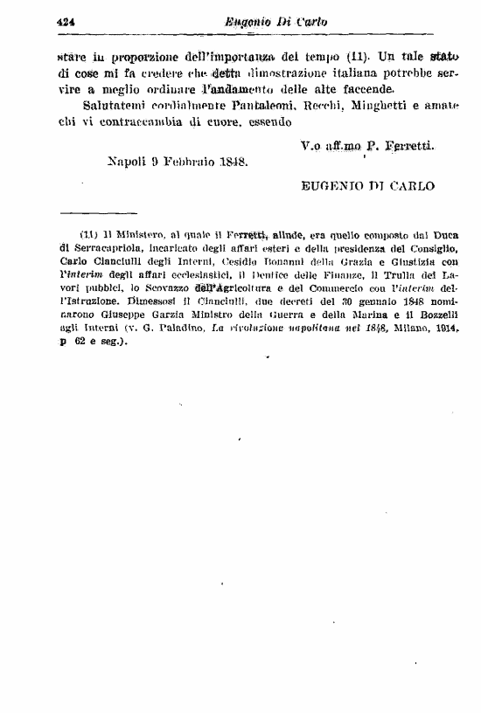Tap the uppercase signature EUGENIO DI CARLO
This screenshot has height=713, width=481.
[367, 185]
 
